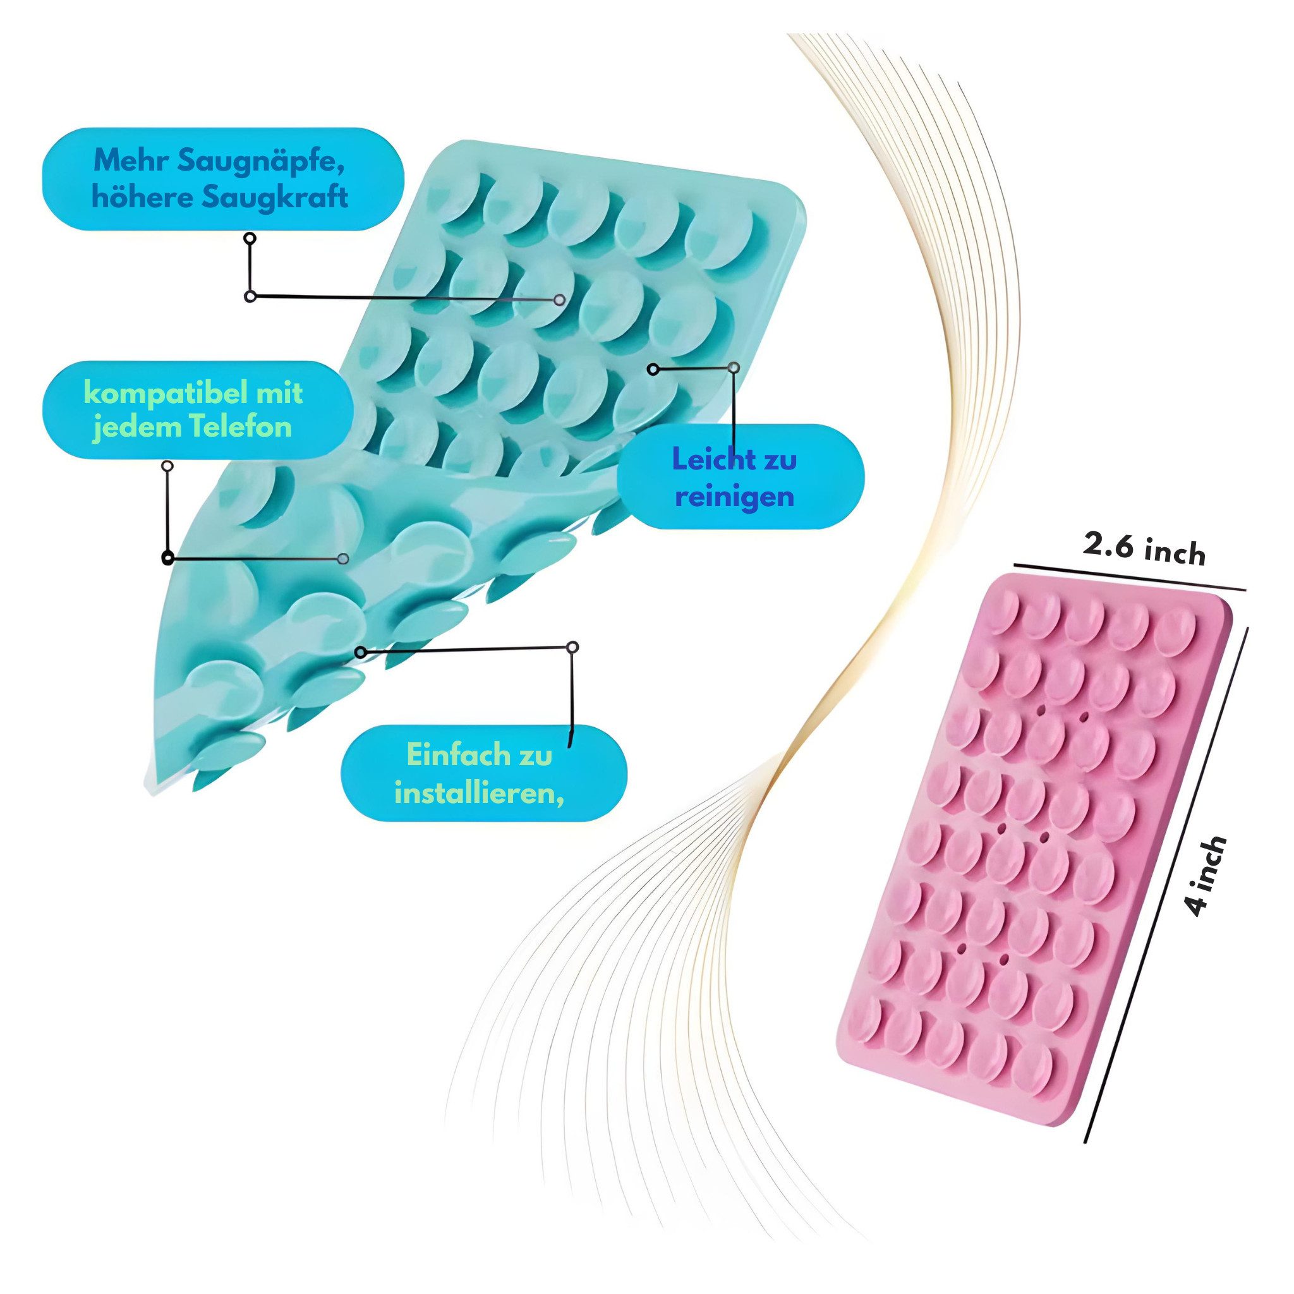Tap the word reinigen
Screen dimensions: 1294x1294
point(735,499)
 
